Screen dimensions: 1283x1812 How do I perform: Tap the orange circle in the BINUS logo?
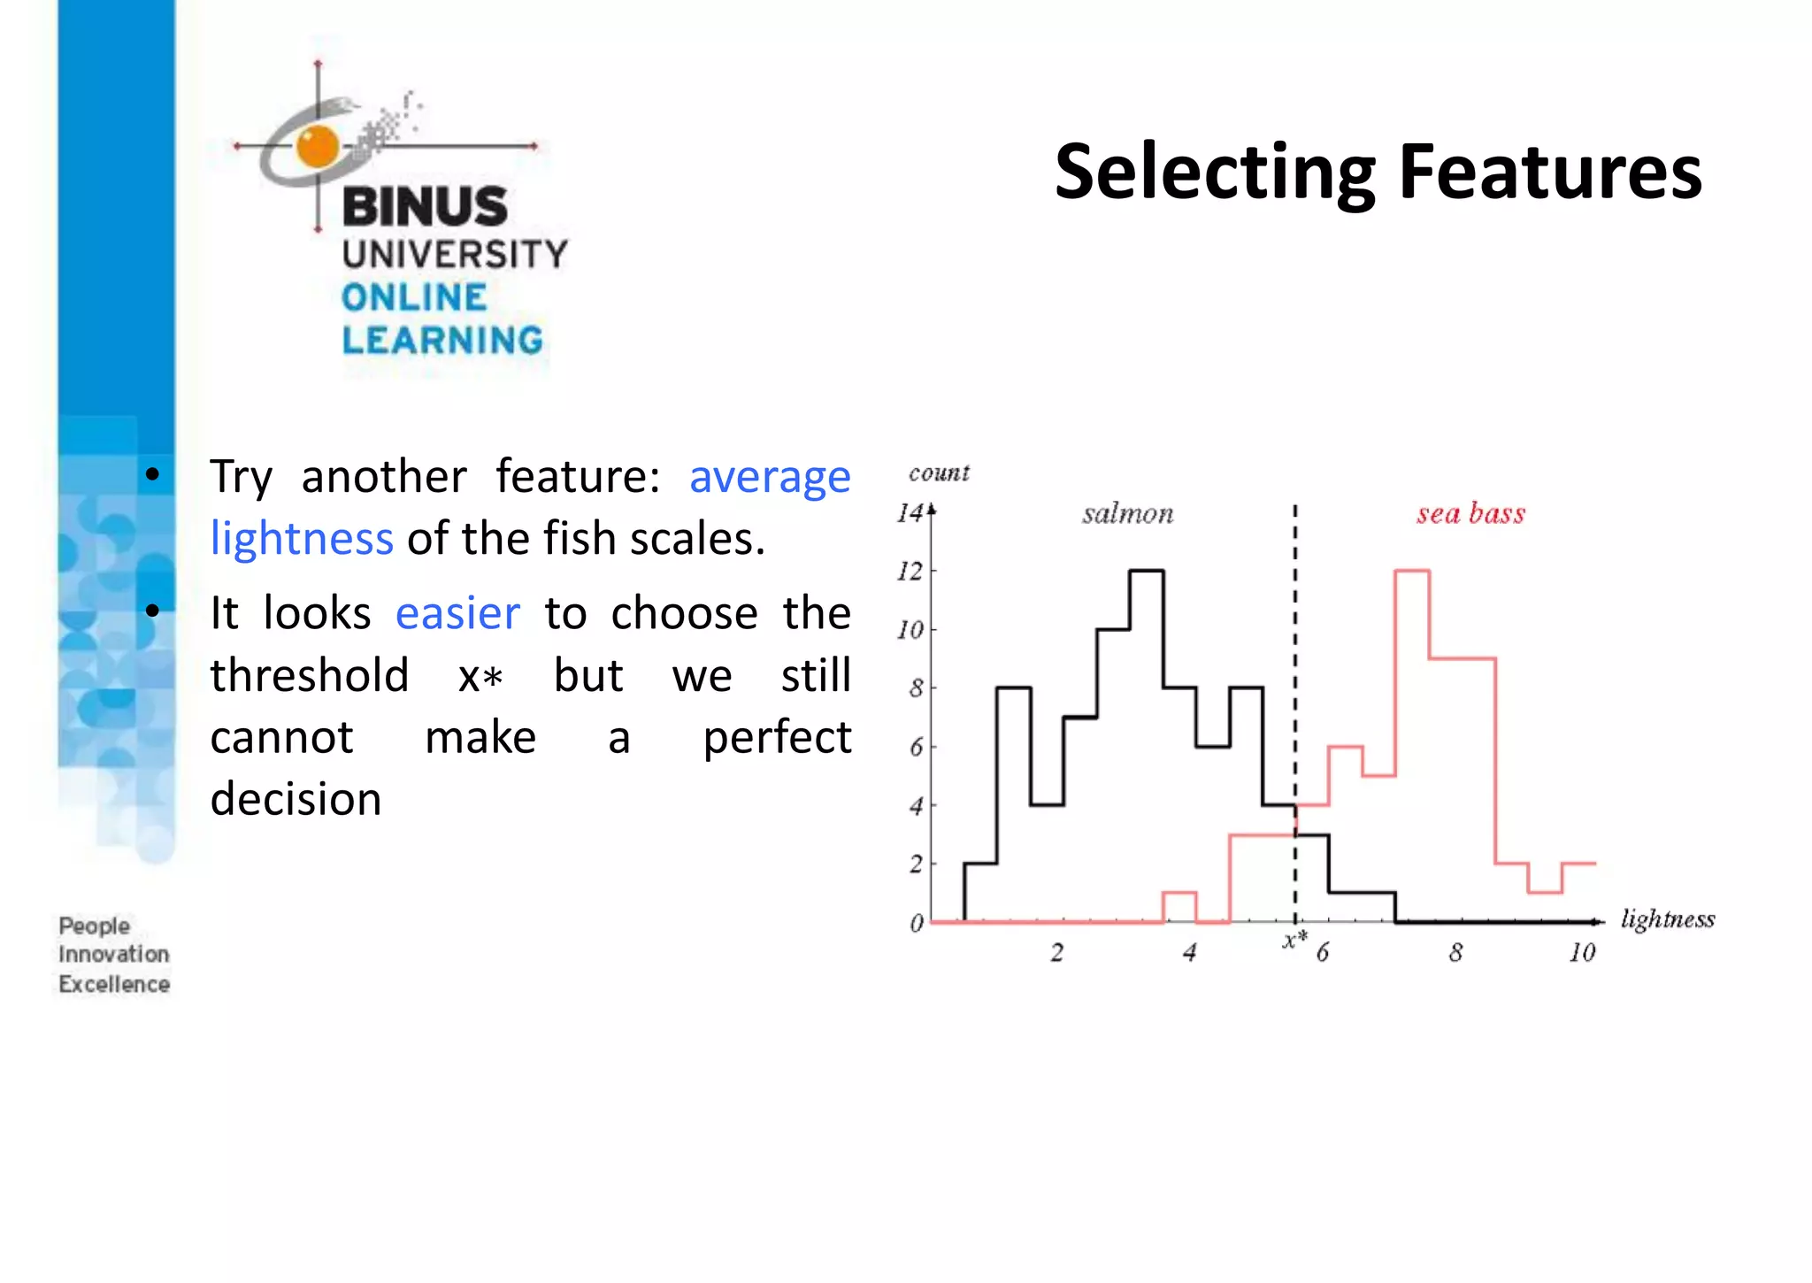[x=318, y=146]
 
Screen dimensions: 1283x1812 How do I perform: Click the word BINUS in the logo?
[x=425, y=206]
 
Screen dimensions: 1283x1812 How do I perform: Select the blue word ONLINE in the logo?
[x=414, y=297]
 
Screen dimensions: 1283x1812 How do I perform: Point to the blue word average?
[x=769, y=478]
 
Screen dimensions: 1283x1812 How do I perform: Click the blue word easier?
[x=457, y=613]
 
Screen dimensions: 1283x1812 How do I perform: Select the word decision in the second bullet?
[x=296, y=798]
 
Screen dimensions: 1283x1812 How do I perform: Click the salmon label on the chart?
[x=1127, y=513]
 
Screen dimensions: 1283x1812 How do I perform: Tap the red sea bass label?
[x=1470, y=513]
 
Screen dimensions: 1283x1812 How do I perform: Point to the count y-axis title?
[x=939, y=472]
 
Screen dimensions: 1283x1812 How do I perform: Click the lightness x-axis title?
[x=1667, y=919]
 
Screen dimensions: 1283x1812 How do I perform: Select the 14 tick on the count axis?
[x=910, y=513]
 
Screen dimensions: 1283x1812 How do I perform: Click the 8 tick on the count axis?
[x=916, y=688]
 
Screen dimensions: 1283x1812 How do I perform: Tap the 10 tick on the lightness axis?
[x=1582, y=953]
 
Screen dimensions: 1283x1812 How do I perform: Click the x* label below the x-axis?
[x=1294, y=941]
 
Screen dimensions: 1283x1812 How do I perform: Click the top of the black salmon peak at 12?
[x=1147, y=571]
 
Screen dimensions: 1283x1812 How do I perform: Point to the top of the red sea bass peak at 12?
[x=1412, y=571]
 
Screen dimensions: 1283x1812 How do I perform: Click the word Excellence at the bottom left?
[x=114, y=984]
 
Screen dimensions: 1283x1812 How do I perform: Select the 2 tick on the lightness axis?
[x=1056, y=953]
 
